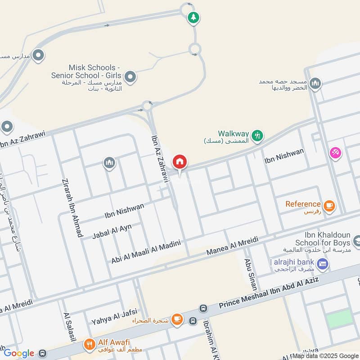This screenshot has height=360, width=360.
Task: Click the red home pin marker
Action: click(x=180, y=162)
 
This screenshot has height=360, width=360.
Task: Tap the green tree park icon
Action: click(x=193, y=18)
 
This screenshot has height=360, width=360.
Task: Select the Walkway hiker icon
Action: click(x=257, y=135)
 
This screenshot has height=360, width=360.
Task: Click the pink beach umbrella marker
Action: click(x=335, y=153)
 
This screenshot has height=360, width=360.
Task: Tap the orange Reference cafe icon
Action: click(x=329, y=206)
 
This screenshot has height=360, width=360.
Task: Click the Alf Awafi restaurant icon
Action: click(x=89, y=346)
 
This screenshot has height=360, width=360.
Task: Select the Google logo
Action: click(x=19, y=354)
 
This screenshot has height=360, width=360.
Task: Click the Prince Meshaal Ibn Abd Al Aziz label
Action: click(x=269, y=293)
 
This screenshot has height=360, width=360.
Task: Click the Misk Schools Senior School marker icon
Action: click(x=130, y=76)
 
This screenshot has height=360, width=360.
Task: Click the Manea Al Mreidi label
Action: click(x=232, y=247)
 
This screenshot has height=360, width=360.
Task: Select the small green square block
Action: click(x=339, y=318)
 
